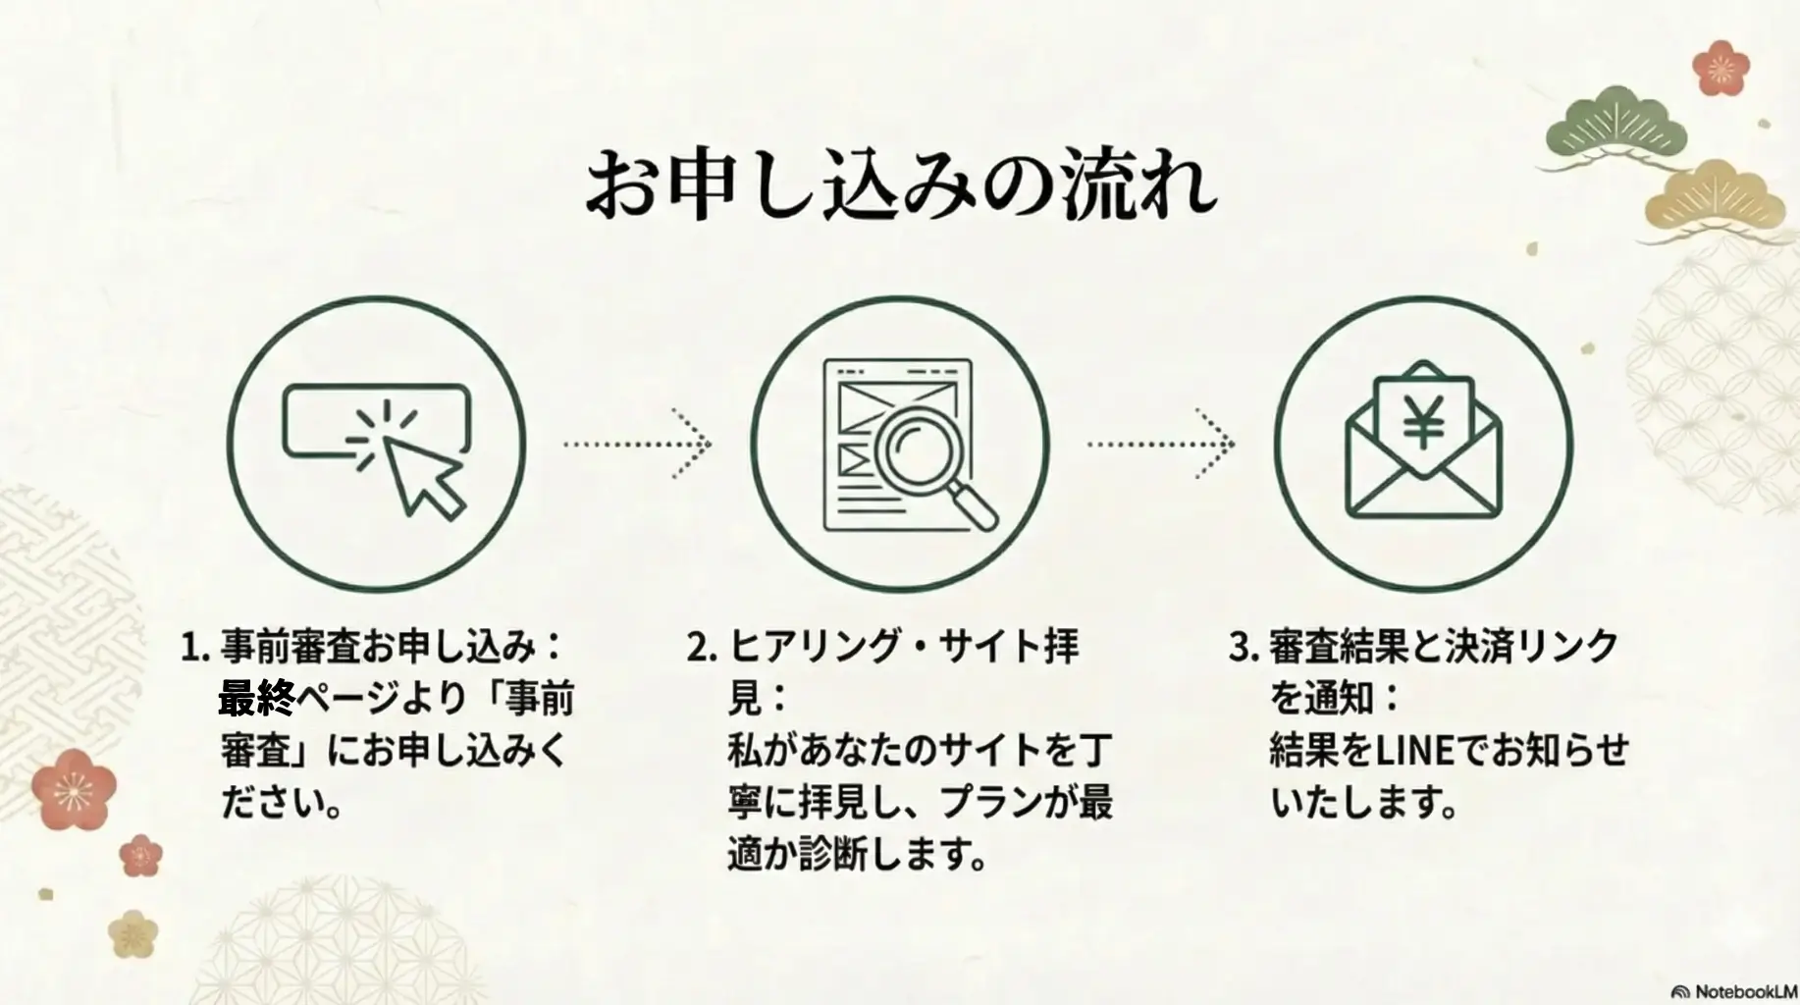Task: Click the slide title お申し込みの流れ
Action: tap(900, 185)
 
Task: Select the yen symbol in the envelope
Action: tap(1422, 420)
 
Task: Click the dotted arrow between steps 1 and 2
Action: tap(638, 444)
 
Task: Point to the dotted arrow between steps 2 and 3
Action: tap(1161, 444)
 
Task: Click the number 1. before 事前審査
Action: tap(195, 648)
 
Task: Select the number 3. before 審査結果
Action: tap(1244, 648)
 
